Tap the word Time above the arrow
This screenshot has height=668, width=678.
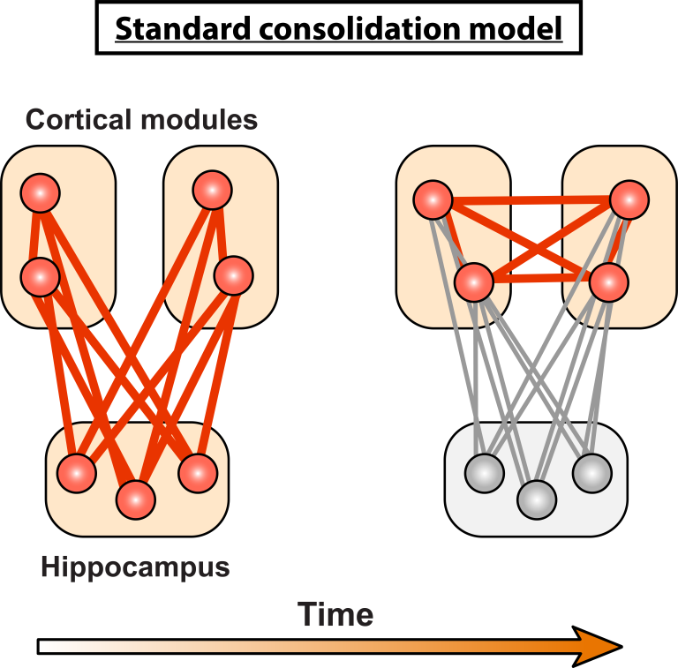click(x=335, y=614)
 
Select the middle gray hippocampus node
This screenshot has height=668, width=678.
click(x=537, y=500)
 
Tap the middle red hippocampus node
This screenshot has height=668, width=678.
click(x=136, y=499)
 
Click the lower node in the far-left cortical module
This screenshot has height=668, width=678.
click(x=41, y=276)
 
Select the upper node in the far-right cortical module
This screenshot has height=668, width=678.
click(x=628, y=199)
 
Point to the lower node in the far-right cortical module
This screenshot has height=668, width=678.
click(x=608, y=282)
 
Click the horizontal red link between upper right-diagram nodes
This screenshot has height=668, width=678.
click(x=530, y=201)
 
